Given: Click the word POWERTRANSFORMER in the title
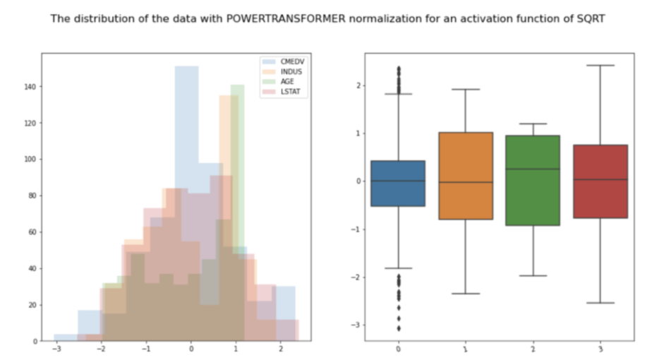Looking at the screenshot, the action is (286, 19).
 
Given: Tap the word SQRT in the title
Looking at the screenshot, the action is (591, 19).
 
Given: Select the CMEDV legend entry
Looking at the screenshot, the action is (284, 61).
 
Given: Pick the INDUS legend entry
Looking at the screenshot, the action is (282, 71).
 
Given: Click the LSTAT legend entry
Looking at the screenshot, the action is (282, 92).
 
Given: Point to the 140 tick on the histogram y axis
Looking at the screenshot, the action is (30, 87).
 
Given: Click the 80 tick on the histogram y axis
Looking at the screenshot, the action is (32, 196).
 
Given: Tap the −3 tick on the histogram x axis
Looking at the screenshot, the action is (56, 349).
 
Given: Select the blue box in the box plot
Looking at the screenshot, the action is (398, 184).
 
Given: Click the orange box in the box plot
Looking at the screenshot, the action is (466, 176).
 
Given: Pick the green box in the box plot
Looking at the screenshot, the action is (533, 181).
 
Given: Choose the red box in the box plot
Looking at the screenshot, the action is (600, 181).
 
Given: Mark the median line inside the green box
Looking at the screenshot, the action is (533, 169).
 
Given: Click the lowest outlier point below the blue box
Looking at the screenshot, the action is (399, 329).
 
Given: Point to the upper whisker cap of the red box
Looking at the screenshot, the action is (600, 66).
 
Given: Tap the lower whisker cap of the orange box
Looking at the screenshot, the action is (466, 294).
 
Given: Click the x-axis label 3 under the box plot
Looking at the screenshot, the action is (600, 349).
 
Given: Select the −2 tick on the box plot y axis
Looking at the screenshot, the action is (356, 277).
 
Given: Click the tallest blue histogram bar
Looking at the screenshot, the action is (187, 203).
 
